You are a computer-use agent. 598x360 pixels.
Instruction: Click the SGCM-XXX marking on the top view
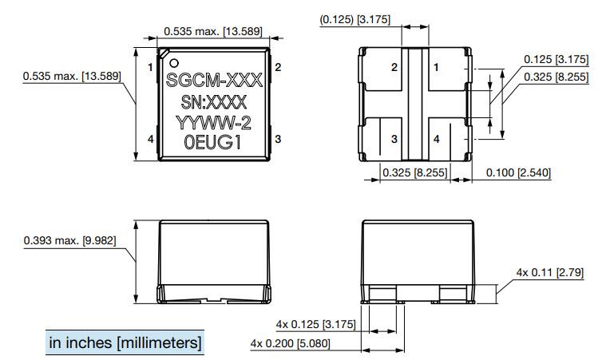(214, 82)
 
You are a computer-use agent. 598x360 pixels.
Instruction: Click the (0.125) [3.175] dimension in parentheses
(354, 18)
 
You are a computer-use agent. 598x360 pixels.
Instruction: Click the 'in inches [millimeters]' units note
(125, 342)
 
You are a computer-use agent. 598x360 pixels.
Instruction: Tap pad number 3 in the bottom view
(394, 139)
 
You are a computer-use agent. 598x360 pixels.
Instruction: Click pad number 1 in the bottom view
(436, 68)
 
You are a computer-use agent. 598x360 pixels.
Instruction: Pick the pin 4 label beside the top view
(150, 140)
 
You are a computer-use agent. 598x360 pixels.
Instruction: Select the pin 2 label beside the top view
(278, 68)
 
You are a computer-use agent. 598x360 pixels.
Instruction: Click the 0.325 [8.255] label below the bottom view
(414, 172)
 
